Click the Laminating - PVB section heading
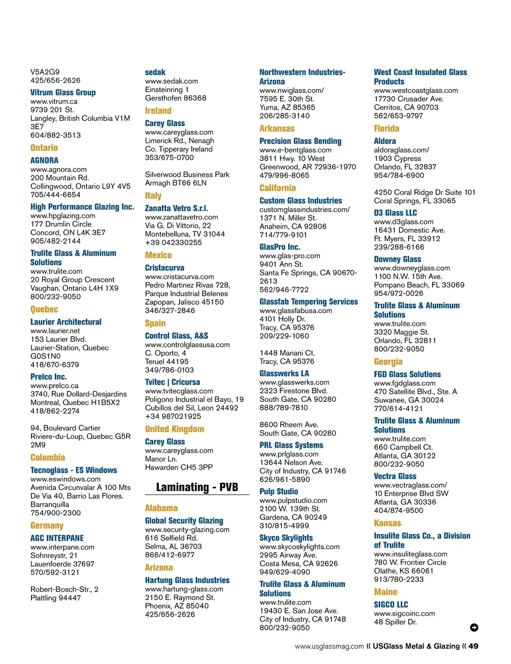pos(197,487)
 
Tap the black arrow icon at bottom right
pos(474,627)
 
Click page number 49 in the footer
pos(474,646)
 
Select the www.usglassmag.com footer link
pos(329,647)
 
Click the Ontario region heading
pos(44,148)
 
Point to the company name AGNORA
pos(44,160)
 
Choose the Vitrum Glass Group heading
pos(63,92)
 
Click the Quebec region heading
pos(44,309)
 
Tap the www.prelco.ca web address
pos(54,385)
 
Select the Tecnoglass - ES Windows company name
pos(74,470)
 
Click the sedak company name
pos(155,72)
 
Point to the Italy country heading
pos(153,196)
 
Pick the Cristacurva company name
pos(164,268)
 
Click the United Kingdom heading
pos(174,429)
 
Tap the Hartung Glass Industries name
pos(187,580)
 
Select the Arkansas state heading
pos(277,128)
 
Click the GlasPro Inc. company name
pos(280,247)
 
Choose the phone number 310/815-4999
pos(284,525)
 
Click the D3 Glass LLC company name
pos(395,213)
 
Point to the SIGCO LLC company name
pos(391,604)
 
